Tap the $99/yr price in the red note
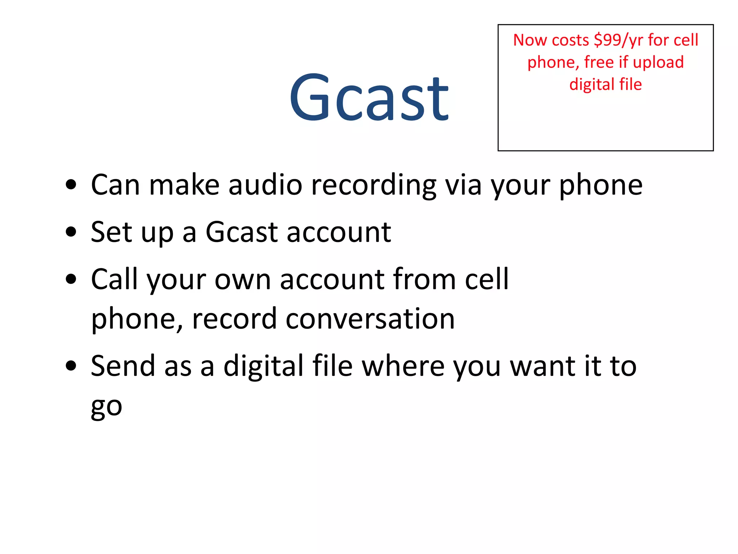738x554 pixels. (x=618, y=40)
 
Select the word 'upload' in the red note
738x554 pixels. (x=658, y=62)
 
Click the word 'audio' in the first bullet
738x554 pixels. (x=265, y=185)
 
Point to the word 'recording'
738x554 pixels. (x=373, y=185)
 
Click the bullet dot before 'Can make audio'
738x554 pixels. (x=71, y=185)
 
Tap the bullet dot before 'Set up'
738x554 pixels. (x=71, y=232)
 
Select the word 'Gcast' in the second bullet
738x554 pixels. (x=241, y=232)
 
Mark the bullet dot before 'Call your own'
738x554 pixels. (x=71, y=279)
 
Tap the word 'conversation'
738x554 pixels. (x=370, y=319)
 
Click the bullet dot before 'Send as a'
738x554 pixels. (x=71, y=366)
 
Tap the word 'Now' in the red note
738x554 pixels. (x=529, y=40)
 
